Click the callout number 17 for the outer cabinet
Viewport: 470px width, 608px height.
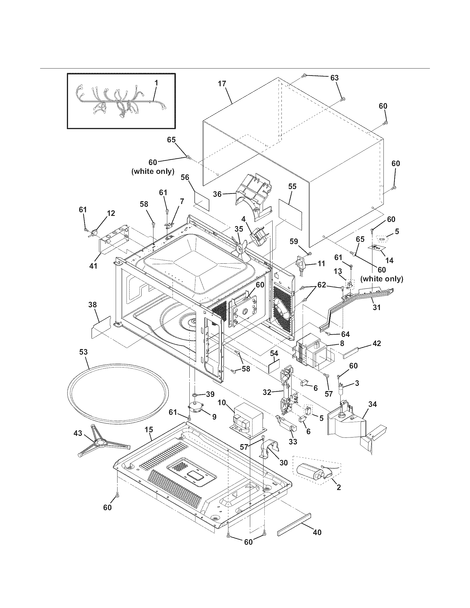222,84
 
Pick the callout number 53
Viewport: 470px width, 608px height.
83,352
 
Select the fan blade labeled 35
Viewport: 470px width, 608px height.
239,249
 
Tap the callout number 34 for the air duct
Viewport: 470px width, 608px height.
372,404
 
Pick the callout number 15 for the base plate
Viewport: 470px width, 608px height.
149,429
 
